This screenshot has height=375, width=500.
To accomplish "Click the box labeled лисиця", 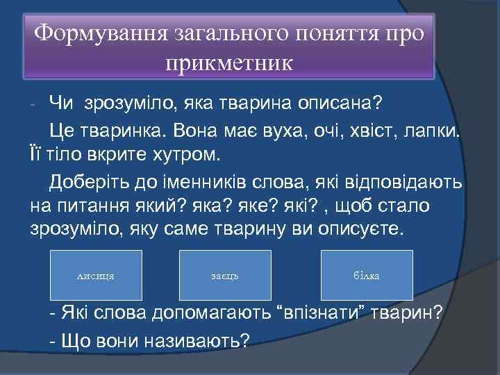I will pos(97,276).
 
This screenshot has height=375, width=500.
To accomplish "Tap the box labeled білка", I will pos(367,276).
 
